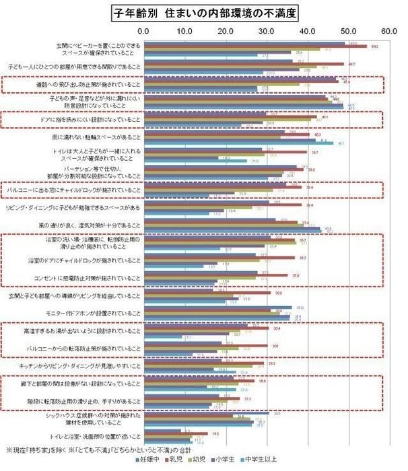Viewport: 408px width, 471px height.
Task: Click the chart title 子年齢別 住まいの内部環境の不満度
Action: coord(203,13)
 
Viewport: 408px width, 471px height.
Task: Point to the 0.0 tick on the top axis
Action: coord(143,31)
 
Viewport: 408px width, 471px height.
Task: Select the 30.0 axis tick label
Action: coord(267,31)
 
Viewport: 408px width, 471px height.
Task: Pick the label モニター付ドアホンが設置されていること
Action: coord(95,313)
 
